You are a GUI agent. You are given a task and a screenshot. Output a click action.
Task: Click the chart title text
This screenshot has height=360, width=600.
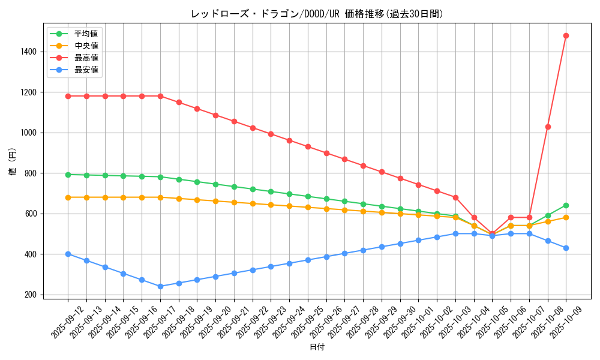click(317, 14)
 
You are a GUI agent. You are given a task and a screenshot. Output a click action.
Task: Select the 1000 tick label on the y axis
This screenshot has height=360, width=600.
click(30, 133)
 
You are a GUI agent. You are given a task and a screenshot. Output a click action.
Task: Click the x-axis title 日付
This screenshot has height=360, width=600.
click(317, 347)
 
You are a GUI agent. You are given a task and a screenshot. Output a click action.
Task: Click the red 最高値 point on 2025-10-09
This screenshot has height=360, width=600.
click(566, 35)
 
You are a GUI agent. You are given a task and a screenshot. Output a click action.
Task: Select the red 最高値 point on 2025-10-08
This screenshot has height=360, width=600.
click(548, 127)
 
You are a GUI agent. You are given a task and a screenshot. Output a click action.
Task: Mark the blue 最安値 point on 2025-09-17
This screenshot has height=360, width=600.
click(160, 286)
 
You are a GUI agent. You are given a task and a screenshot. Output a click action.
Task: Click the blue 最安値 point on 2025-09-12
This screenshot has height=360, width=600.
click(68, 254)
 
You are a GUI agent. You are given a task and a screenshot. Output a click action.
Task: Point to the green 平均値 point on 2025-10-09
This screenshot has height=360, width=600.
click(566, 205)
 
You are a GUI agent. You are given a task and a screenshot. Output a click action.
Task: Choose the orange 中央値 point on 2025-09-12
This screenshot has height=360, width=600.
click(68, 197)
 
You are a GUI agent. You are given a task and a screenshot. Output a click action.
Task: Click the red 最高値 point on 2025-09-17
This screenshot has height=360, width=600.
click(160, 96)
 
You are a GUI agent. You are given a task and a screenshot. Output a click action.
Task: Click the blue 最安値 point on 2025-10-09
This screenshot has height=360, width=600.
click(566, 248)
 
